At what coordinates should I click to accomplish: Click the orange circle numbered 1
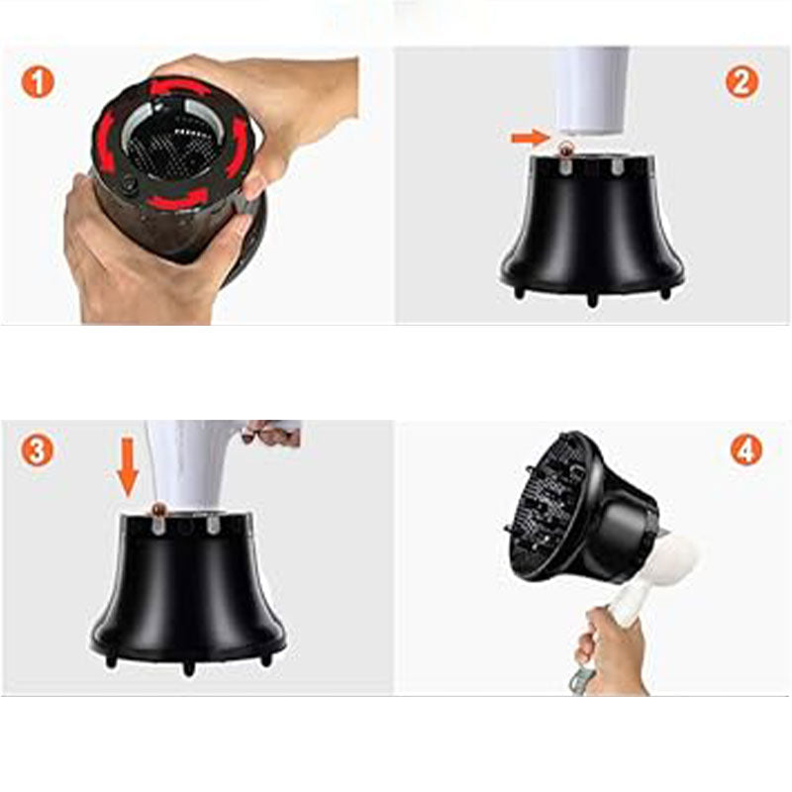[x=38, y=83]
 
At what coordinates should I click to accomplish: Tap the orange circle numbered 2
[x=742, y=82]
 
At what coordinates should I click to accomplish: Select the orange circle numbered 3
[x=37, y=450]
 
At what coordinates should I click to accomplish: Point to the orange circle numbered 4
[x=746, y=449]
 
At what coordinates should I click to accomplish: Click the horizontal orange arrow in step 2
[x=530, y=137]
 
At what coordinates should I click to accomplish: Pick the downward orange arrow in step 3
[x=128, y=466]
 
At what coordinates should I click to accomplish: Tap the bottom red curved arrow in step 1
[x=178, y=199]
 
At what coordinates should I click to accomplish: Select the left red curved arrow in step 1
[x=107, y=139]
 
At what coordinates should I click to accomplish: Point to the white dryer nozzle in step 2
[x=592, y=91]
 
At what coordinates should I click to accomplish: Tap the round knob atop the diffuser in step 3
[x=159, y=509]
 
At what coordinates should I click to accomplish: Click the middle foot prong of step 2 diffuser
[x=592, y=300]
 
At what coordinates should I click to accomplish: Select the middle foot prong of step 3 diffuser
[x=188, y=668]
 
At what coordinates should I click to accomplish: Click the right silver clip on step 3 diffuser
[x=212, y=526]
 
